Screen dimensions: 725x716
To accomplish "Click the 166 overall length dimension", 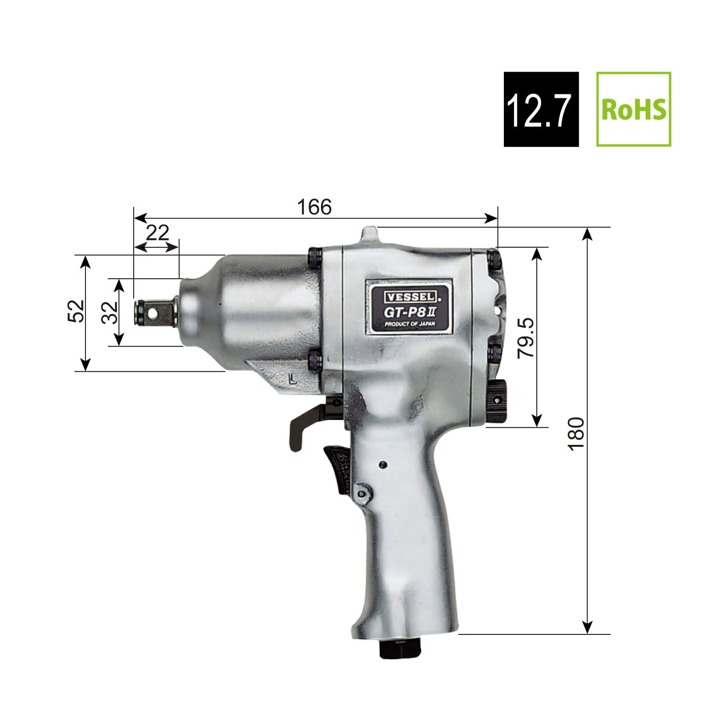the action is point(314,207).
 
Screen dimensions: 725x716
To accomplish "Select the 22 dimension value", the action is point(158,233).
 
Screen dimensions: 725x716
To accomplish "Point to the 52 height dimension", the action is point(77,311).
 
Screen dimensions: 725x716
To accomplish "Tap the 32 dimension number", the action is point(111,312).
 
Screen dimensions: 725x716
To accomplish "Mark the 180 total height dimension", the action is point(577,432).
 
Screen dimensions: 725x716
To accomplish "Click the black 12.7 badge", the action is point(541,109).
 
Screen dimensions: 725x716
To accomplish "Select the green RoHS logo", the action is point(634,109).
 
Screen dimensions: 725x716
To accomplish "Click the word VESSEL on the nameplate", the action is point(409,296).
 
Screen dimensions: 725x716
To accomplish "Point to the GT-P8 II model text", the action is point(409,311).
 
